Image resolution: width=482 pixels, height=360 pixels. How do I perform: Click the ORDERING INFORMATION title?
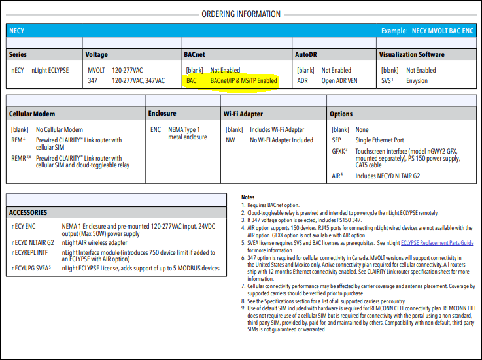[241, 14]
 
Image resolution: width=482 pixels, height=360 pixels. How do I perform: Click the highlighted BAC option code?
[191, 81]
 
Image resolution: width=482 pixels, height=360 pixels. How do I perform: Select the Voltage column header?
[97, 54]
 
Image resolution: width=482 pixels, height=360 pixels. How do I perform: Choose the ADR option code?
[302, 81]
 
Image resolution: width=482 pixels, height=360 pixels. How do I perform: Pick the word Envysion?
[417, 81]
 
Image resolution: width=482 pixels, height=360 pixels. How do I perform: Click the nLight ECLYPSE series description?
[50, 71]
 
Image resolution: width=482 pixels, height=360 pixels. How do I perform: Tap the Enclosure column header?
[162, 114]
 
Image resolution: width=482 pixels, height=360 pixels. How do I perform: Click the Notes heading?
[248, 197]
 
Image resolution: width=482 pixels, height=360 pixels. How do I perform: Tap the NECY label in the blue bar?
[17, 31]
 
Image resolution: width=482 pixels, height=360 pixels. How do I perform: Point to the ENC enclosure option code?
[156, 129]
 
